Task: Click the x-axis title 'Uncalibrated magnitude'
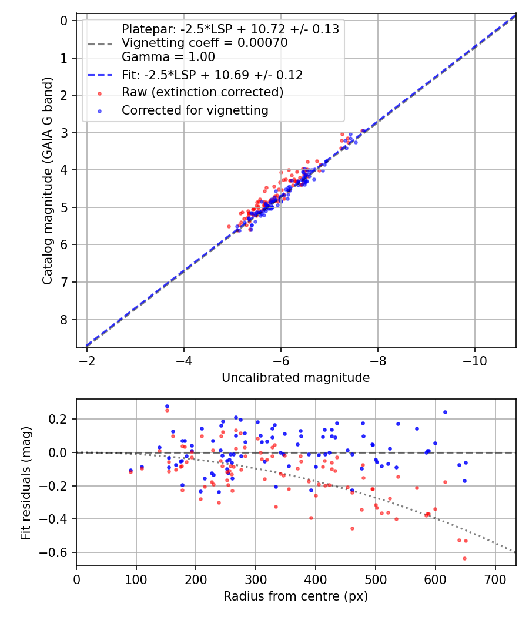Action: (296, 378)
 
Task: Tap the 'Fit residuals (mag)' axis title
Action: (25, 482)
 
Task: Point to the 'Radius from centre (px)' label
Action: (296, 596)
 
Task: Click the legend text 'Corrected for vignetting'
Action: (195, 110)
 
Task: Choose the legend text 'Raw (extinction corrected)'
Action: (202, 92)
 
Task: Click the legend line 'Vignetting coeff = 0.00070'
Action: (204, 43)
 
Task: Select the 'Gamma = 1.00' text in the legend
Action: (168, 57)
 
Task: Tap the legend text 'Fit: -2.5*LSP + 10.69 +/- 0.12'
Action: (212, 75)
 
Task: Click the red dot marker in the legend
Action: (100, 93)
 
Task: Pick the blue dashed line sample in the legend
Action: (100, 75)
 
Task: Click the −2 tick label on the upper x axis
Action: (87, 361)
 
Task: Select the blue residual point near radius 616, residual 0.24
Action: (445, 412)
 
